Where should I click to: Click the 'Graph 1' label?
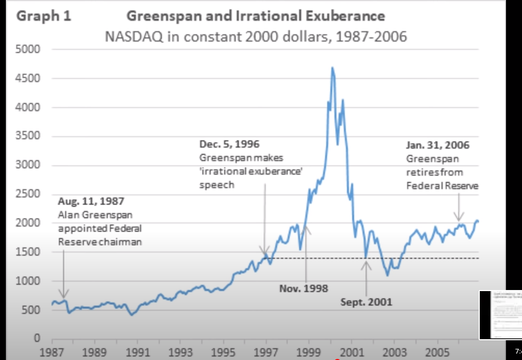44,16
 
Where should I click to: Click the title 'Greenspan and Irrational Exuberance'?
255,16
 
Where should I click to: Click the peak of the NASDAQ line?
332,67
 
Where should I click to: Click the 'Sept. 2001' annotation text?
367,302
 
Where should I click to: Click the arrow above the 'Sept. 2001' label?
367,278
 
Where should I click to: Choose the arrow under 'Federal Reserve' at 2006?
458,208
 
